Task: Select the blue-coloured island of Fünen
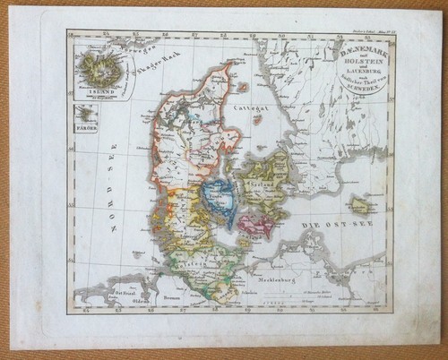coord(219,194)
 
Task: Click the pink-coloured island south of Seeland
coord(255,223)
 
